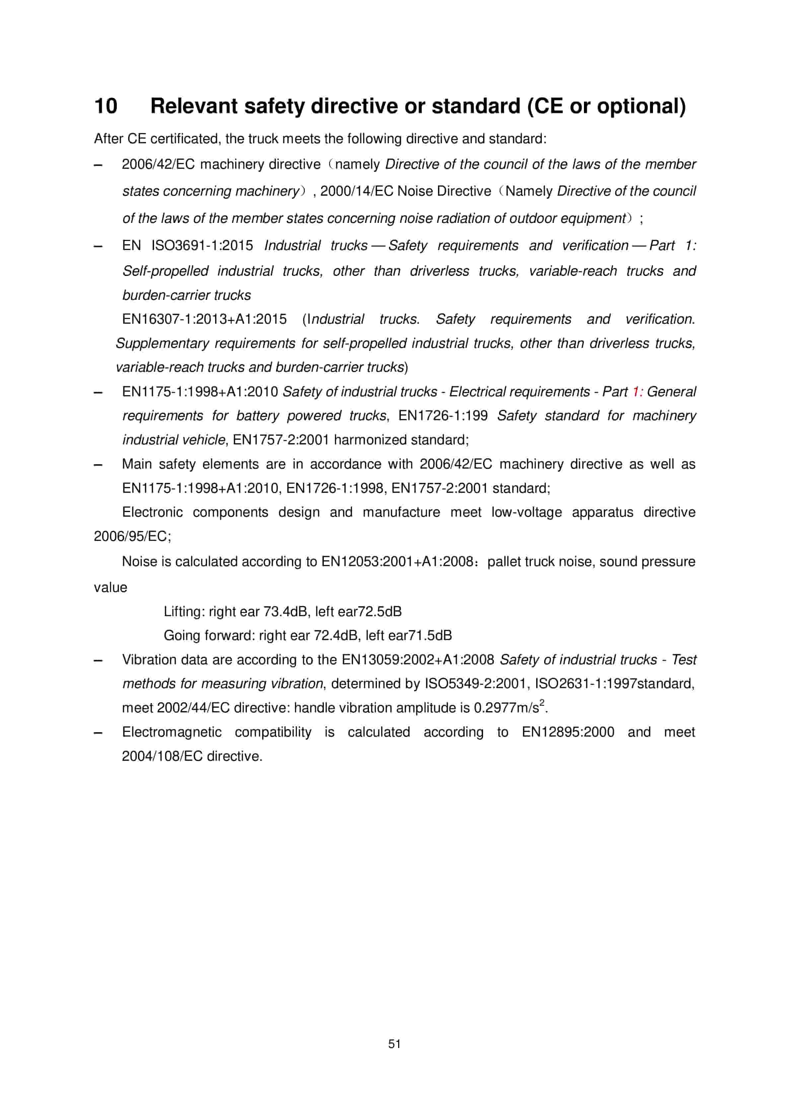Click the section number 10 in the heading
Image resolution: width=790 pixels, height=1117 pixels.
(106, 106)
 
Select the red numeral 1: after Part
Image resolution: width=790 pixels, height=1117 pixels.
(637, 392)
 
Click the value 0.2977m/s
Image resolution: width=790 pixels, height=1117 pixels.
(506, 708)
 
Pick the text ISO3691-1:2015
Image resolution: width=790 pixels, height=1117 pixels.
(202, 246)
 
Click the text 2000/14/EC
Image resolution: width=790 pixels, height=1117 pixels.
(357, 191)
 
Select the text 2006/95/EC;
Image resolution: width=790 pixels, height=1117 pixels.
(132, 537)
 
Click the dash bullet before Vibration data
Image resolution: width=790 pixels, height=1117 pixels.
(98, 660)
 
